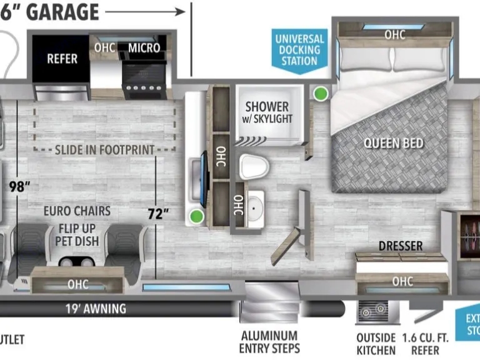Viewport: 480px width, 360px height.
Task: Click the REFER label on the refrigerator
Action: (62, 59)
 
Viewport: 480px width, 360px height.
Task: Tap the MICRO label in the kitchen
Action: (144, 47)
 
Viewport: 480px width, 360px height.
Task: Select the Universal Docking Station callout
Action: (300, 50)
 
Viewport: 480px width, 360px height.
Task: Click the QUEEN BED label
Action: (394, 142)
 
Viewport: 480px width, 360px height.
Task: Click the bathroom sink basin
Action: (256, 206)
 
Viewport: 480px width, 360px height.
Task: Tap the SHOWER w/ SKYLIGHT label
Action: (267, 112)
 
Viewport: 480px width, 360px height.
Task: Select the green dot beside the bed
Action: (321, 94)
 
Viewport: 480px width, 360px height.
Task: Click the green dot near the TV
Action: (197, 217)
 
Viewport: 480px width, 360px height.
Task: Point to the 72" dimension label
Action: (159, 213)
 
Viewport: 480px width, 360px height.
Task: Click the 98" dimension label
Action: (21, 186)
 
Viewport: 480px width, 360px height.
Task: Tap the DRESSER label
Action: (400, 246)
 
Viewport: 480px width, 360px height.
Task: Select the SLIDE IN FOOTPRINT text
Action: (104, 149)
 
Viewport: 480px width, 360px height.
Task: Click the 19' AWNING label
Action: (96, 309)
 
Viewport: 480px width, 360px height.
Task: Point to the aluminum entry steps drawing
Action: (263, 304)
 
